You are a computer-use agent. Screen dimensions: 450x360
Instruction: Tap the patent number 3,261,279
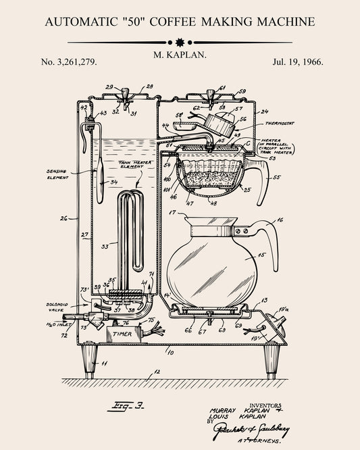(69, 61)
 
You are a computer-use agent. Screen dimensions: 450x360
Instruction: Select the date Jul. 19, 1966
(299, 61)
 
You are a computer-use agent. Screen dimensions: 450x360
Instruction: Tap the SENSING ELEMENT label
(57, 175)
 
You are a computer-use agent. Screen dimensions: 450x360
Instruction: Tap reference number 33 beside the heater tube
(105, 247)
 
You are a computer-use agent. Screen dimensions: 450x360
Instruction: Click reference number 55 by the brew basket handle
(276, 178)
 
